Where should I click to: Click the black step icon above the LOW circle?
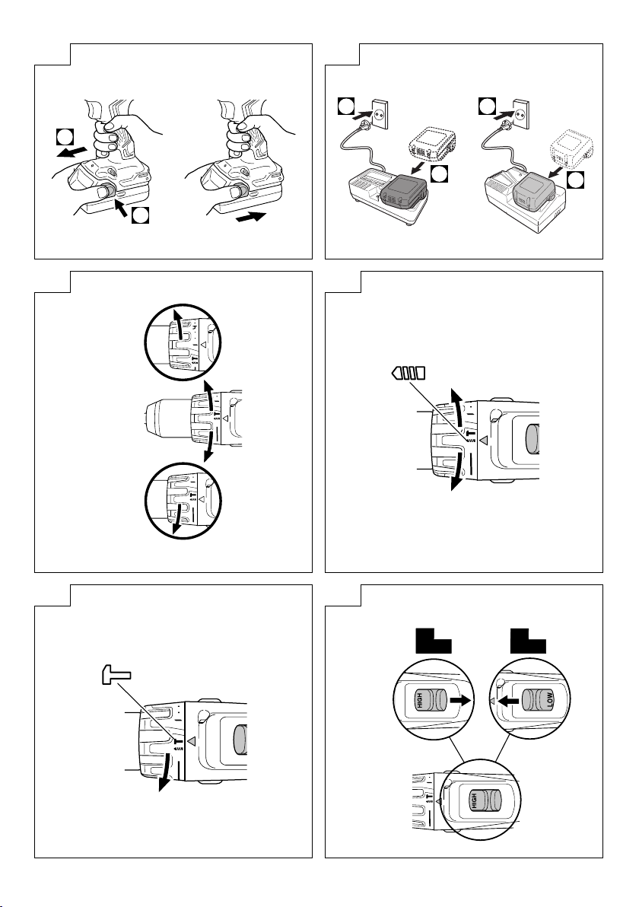pyautogui.click(x=528, y=641)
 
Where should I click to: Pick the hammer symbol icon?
pyautogui.click(x=115, y=674)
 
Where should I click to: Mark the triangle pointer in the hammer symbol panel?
pyautogui.click(x=192, y=740)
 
